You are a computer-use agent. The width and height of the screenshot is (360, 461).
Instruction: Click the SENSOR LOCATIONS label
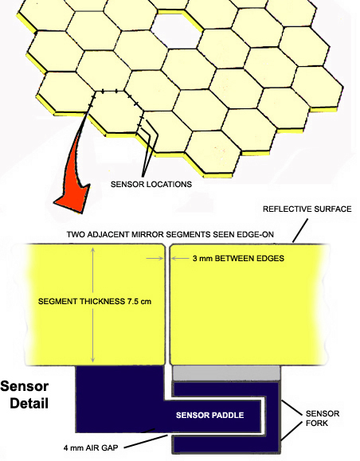(151, 185)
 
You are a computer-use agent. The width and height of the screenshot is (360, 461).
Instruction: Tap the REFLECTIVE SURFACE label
(307, 209)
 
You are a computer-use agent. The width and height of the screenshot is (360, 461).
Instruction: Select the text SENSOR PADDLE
(209, 415)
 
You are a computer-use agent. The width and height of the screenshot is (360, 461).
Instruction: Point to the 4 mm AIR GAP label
(91, 448)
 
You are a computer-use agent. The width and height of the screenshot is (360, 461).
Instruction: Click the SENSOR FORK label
(323, 418)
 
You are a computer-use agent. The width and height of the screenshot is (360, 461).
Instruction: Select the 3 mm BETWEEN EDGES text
(238, 259)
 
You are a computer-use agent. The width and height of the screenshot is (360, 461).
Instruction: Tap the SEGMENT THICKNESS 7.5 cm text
(95, 301)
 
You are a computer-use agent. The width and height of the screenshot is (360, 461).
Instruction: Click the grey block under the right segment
(226, 373)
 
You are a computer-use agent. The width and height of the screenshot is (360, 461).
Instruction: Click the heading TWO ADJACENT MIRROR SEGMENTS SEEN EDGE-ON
(170, 235)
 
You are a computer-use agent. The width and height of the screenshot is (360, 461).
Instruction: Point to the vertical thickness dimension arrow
(93, 305)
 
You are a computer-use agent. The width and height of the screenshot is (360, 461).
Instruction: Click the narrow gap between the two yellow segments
(167, 305)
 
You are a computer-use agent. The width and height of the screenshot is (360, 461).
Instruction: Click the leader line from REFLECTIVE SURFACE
(300, 231)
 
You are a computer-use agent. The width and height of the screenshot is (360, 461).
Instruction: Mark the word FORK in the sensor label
(317, 424)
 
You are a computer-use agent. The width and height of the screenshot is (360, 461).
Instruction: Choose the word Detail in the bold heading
(29, 403)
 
